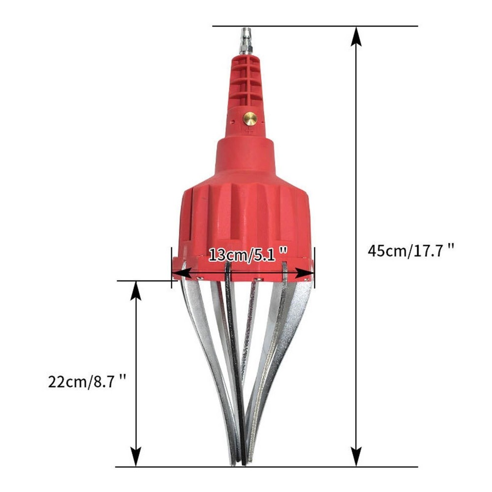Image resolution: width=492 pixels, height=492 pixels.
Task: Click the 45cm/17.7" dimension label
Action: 411,250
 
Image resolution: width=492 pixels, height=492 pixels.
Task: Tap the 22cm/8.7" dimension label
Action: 87,381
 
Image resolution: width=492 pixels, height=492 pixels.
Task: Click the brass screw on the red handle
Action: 250,119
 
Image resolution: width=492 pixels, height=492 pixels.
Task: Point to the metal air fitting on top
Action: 244,41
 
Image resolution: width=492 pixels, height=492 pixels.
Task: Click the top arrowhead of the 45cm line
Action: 356,35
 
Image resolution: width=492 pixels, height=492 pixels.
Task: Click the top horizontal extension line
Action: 315,26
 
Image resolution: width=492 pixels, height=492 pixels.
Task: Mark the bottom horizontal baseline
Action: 266,467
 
